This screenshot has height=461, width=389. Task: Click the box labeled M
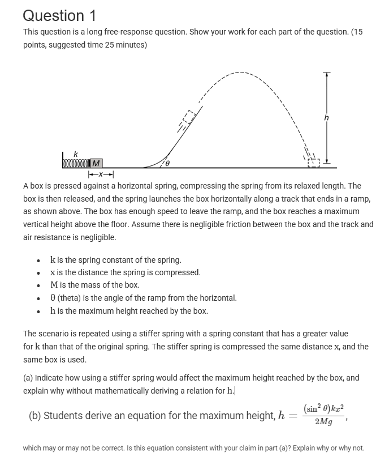pos(96,164)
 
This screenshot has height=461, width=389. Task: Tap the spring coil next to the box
pos(76,164)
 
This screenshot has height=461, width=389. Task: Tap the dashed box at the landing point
pos(313,163)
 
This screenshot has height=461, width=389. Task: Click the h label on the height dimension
pos(326,118)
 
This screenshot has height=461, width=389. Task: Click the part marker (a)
pos(28,378)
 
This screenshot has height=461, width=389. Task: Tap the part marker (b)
pos(34,416)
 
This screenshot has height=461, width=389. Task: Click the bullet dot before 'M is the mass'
pos(38,285)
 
